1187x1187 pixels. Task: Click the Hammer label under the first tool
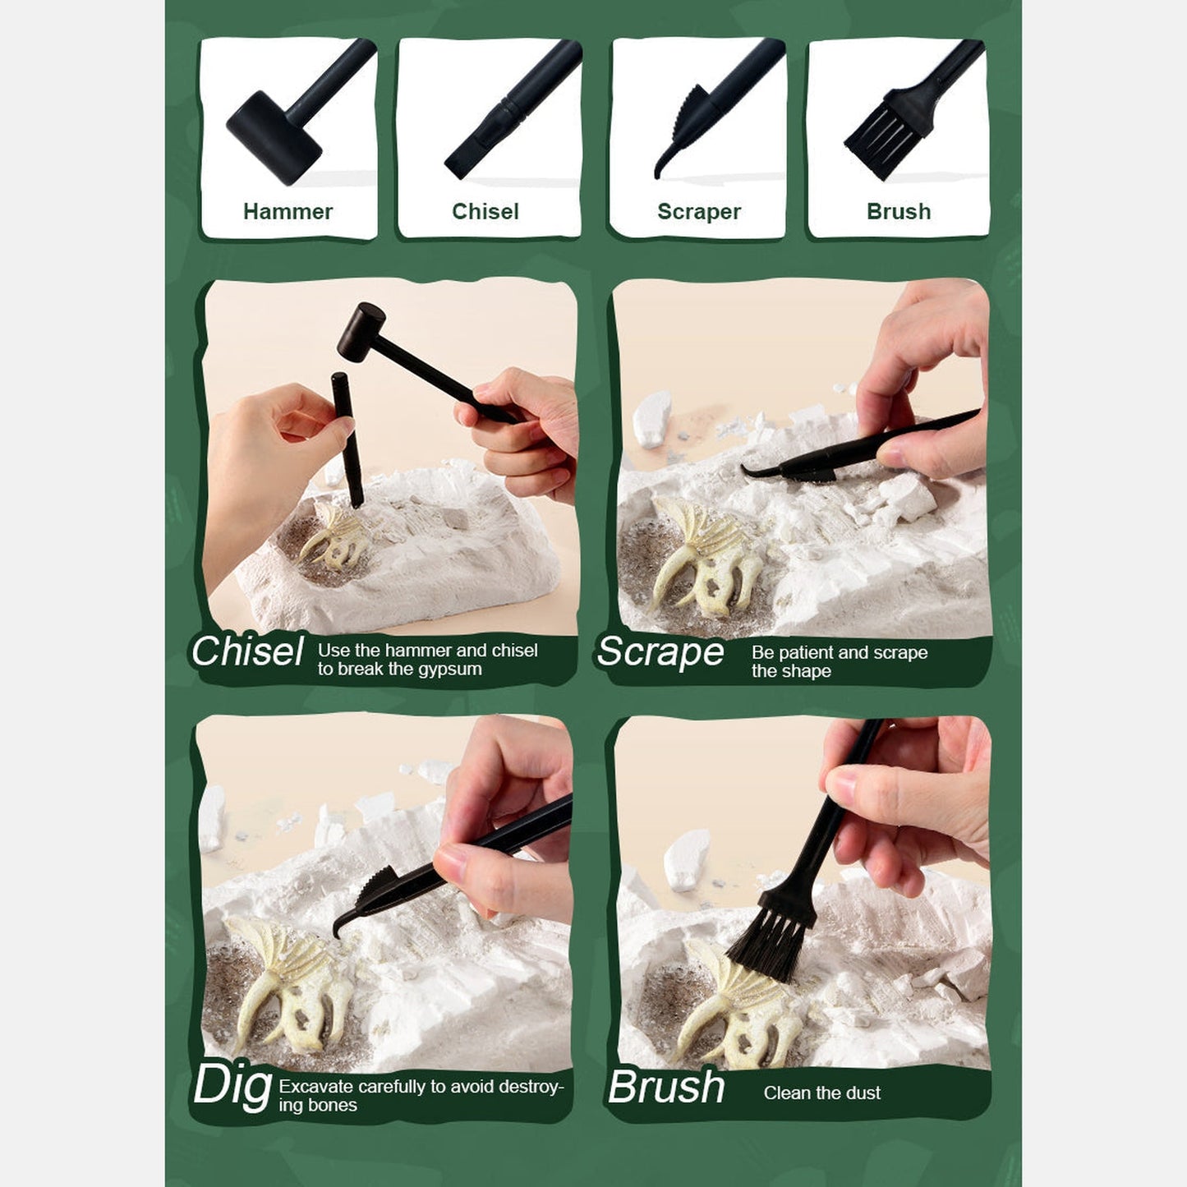[x=288, y=211]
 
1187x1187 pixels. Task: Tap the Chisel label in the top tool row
[x=485, y=211]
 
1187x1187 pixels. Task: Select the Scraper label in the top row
[x=699, y=212]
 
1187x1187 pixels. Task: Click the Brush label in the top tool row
[x=899, y=211]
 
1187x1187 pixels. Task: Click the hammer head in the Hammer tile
[x=274, y=137]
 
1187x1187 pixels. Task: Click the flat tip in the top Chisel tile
[x=457, y=166]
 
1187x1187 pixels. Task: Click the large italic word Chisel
[x=247, y=651]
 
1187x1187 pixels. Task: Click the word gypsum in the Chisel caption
[x=451, y=669]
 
